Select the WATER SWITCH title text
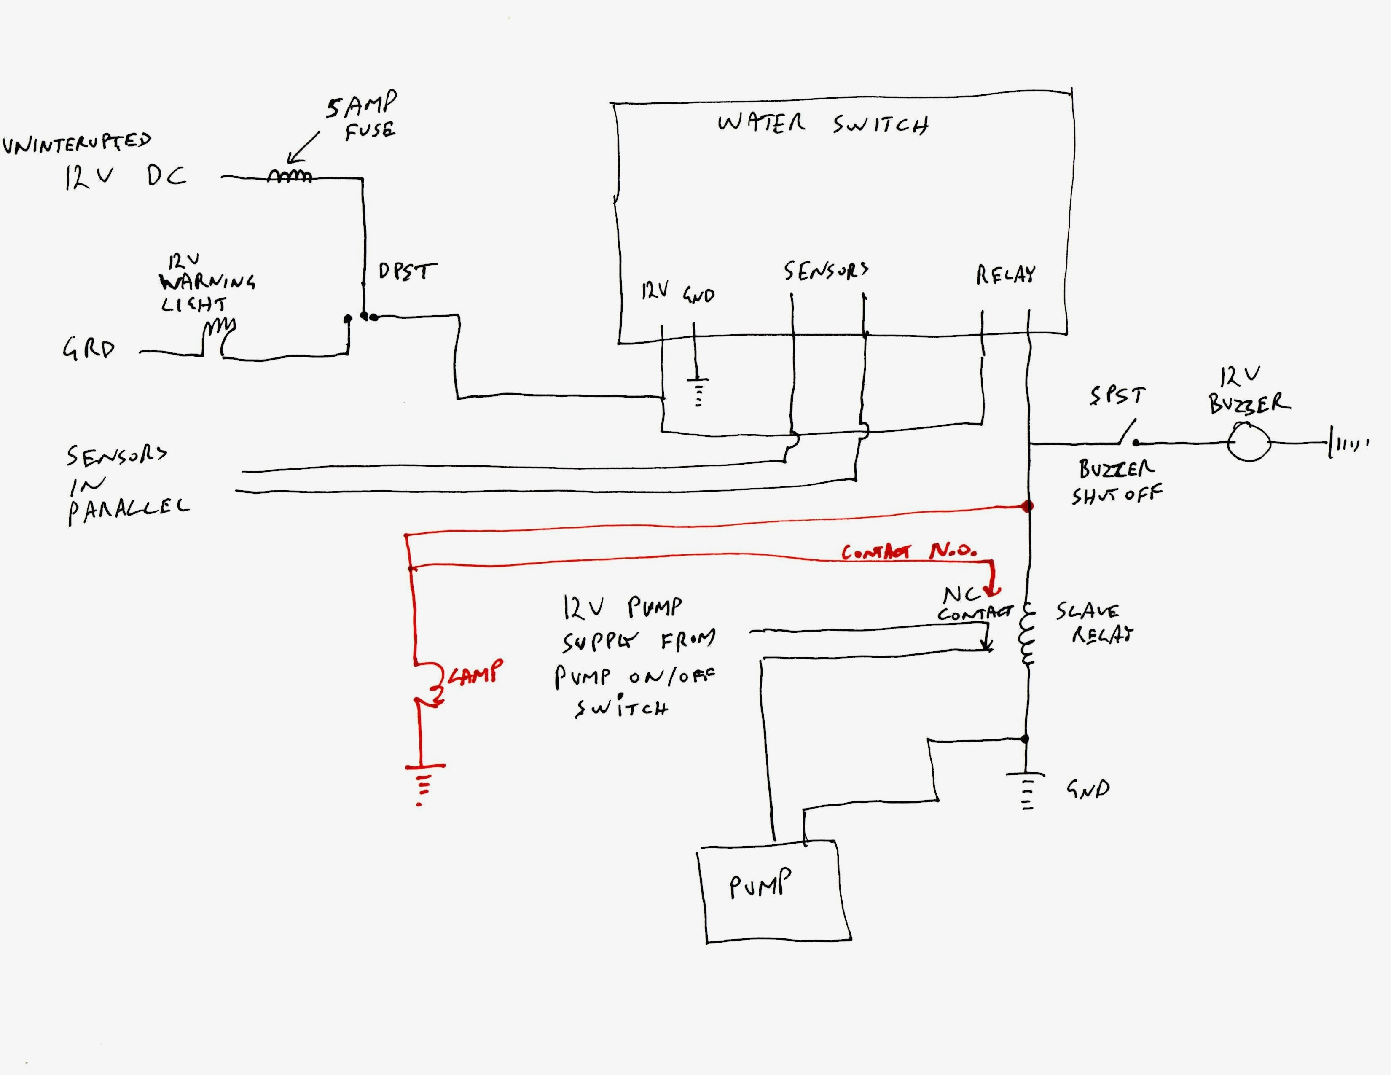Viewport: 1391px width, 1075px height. coord(822,123)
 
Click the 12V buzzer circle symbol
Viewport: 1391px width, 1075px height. coord(1249,442)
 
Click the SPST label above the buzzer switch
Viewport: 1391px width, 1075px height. coord(1117,396)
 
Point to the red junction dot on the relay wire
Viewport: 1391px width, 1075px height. coord(1027,507)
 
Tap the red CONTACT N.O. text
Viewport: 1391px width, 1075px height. coord(909,551)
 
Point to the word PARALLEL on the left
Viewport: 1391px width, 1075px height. coord(127,510)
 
